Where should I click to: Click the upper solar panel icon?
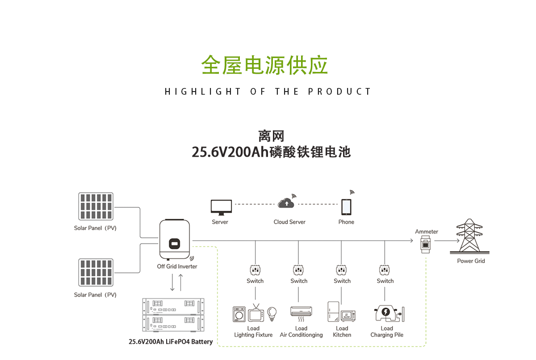tap(96, 206)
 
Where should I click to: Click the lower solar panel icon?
tap(96, 272)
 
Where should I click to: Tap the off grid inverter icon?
tap(175, 241)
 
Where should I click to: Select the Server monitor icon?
tap(221, 207)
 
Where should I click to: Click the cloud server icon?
tap(286, 204)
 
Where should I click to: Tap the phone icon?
tap(346, 207)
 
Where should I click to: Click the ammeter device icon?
tap(426, 245)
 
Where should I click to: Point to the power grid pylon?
tap(470, 237)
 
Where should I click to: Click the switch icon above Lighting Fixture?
tap(255, 270)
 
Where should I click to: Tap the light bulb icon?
tap(272, 313)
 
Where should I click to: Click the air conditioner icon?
tap(301, 312)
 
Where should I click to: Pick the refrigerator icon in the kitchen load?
tap(333, 311)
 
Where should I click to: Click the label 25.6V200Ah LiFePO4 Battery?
tap(171, 342)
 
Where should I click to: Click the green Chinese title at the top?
tap(264, 65)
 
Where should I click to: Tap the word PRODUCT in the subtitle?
tap(339, 92)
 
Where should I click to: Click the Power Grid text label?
tap(471, 261)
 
